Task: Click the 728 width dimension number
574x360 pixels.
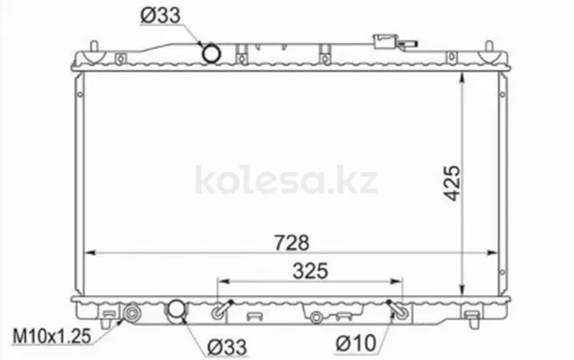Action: pos(292,243)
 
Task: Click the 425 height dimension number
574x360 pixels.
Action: pos(452,183)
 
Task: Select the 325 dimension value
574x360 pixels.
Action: pos(311,271)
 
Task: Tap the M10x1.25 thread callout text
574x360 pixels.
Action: pos(51,336)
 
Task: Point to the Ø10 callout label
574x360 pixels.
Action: pos(356,343)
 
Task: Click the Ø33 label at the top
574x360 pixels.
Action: pos(161,16)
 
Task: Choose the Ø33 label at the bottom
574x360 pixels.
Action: pos(227,347)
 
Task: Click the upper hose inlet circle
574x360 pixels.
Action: pos(211,54)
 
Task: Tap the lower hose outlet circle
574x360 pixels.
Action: pos(177,311)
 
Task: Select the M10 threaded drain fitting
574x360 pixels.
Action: pos(132,313)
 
